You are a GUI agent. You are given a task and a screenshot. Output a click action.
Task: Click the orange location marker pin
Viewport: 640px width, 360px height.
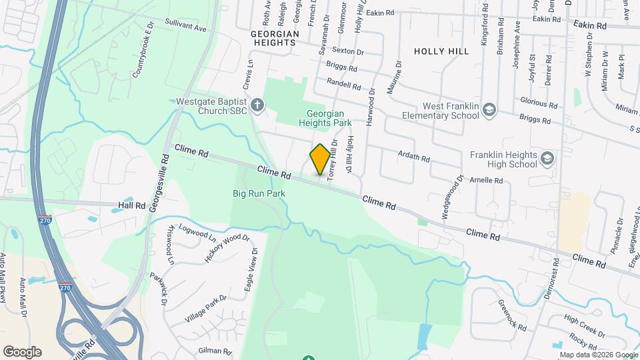pyautogui.click(x=320, y=159)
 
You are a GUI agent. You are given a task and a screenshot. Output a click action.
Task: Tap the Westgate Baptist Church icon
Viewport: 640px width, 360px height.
pyautogui.click(x=257, y=105)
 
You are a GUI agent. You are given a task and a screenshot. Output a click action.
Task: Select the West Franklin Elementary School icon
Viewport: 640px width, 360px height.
pyautogui.click(x=489, y=109)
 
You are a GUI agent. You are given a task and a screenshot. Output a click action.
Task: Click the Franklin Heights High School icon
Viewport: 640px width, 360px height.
pyautogui.click(x=547, y=159)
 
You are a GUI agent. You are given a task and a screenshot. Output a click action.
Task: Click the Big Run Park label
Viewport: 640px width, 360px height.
pyautogui.click(x=259, y=193)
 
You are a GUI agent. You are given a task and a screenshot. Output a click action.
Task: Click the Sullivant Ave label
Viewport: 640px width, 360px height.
pyautogui.click(x=187, y=27)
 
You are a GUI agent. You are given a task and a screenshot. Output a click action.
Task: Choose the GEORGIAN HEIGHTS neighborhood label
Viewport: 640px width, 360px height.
pyautogui.click(x=273, y=37)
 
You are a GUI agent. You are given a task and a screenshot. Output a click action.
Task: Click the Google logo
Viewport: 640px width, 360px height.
pyautogui.click(x=22, y=351)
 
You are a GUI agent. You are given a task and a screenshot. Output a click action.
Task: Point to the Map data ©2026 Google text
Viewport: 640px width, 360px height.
pyautogui.click(x=598, y=355)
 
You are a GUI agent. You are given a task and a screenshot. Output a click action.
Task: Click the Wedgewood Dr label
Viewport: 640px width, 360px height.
pyautogui.click(x=452, y=197)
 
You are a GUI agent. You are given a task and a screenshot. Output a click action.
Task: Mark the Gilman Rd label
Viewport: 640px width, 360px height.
pyautogui.click(x=215, y=351)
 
